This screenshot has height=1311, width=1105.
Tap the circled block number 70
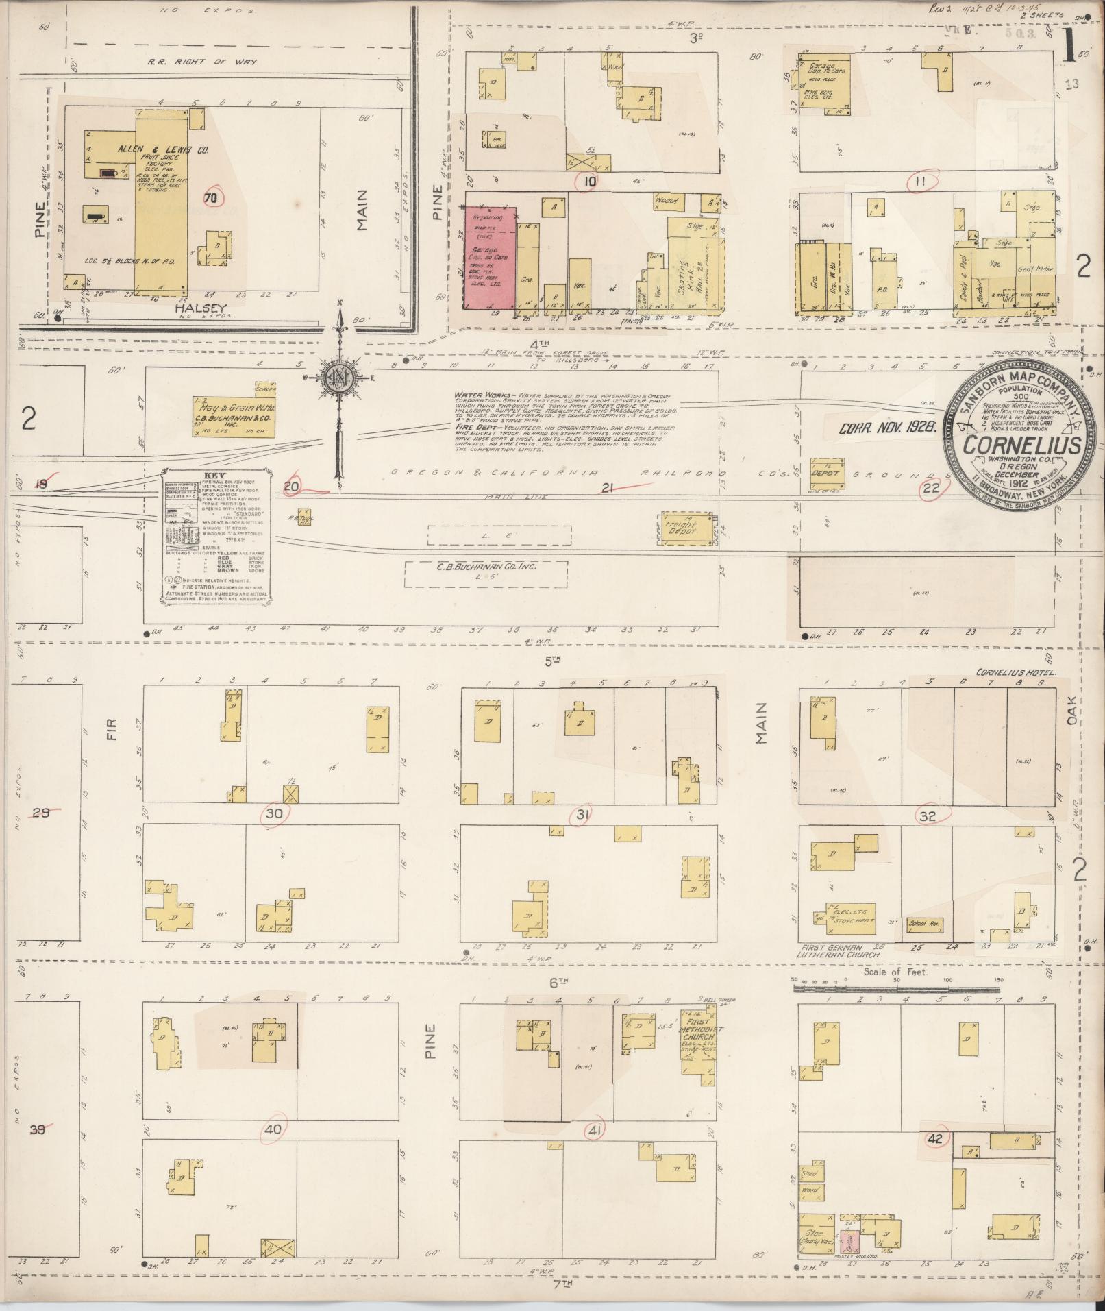pyautogui.click(x=213, y=197)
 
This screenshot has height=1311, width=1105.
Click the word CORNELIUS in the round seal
pyautogui.click(x=1022, y=445)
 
